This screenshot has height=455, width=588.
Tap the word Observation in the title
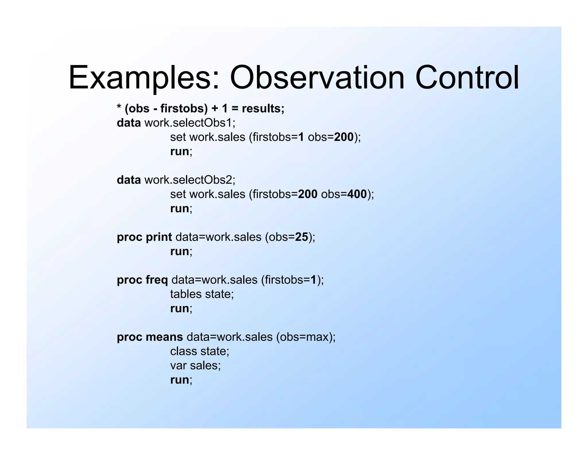tap(317, 78)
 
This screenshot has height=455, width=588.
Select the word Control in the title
tap(467, 78)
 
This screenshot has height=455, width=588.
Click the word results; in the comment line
tap(263, 108)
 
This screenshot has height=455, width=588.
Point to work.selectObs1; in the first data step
tap(190, 123)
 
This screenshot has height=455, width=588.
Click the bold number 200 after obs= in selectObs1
tap(344, 137)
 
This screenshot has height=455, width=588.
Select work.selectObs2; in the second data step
tap(190, 180)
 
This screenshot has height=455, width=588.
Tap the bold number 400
tap(357, 194)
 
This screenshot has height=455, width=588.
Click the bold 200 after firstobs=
tap(307, 194)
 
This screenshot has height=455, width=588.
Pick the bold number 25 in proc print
tap(301, 237)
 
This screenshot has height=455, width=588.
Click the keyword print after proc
tap(159, 237)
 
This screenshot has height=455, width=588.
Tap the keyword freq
tap(156, 280)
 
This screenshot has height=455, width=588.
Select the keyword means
tap(164, 337)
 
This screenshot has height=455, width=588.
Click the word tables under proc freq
tap(186, 294)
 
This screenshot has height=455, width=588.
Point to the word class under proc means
tap(183, 351)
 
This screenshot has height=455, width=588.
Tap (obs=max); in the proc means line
tap(306, 337)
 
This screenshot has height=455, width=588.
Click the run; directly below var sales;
tap(181, 380)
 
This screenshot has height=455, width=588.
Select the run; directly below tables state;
tap(181, 308)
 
